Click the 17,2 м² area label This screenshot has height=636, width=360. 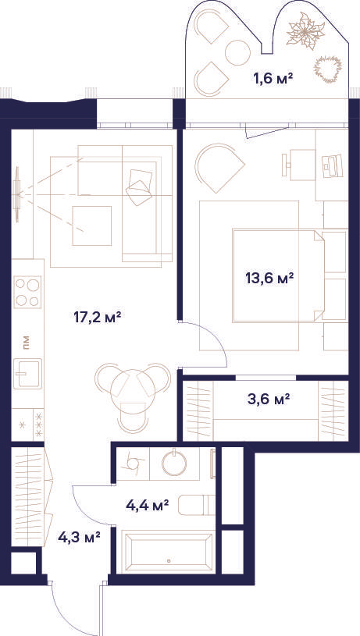98,317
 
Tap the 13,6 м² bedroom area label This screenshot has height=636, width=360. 269,279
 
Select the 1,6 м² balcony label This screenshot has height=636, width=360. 273,78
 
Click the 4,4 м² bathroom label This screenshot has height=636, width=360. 147,506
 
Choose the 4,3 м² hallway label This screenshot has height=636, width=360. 79,538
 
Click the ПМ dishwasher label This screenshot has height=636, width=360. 26,343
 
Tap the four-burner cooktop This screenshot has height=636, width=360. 27,292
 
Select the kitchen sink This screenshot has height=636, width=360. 27,373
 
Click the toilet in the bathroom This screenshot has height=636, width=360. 197,505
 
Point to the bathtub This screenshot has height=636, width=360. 169,552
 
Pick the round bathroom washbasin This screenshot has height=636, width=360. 174,463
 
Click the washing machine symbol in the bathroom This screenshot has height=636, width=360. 133,463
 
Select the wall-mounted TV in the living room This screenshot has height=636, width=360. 16,194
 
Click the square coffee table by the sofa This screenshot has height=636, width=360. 91,226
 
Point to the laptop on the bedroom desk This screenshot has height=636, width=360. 332,166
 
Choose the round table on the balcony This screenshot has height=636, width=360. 237,53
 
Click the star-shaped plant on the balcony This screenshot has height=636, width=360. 305,31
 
